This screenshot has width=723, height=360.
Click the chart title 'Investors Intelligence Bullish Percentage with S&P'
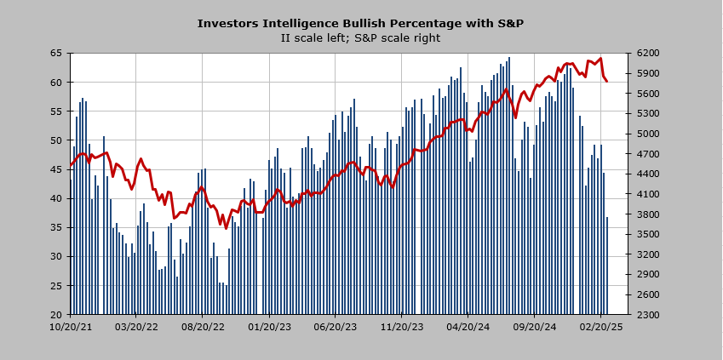click(360, 24)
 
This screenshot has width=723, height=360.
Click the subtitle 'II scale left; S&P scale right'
click(360, 38)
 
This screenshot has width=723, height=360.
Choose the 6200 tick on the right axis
click(645, 54)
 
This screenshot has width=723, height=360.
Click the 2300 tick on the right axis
click(645, 315)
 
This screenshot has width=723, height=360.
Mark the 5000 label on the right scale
click(645, 134)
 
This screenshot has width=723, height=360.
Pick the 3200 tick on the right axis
click(645, 254)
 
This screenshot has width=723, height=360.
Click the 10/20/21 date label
click(71, 326)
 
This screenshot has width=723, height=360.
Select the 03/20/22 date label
click(137, 326)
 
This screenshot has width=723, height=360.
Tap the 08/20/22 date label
click(204, 326)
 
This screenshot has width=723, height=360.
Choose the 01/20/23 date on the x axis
click(270, 326)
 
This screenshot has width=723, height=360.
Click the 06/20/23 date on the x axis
click(336, 326)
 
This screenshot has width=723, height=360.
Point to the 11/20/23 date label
click(402, 326)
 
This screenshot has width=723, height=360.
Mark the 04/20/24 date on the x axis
click(468, 326)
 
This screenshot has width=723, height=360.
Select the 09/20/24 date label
click(535, 326)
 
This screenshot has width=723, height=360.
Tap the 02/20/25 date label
click(601, 326)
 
